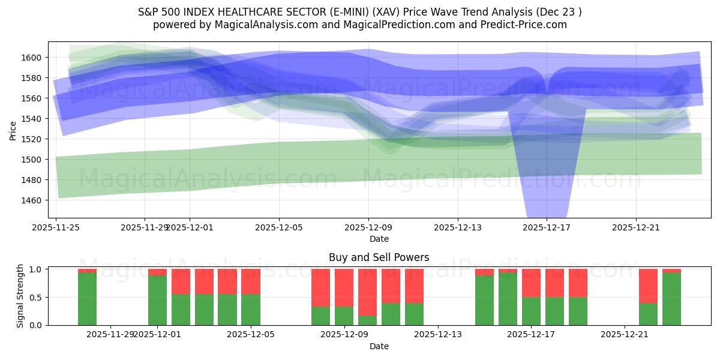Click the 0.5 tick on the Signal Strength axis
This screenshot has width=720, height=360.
tap(37, 298)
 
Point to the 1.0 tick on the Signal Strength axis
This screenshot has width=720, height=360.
tap(37, 269)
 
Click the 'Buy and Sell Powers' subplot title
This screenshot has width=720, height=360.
tap(379, 257)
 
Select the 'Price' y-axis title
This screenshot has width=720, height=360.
tap(13, 130)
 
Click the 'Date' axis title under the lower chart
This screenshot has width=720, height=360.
tap(379, 346)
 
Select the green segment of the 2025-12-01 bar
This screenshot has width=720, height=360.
tap(157, 301)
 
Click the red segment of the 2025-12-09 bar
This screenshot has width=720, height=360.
tap(344, 287)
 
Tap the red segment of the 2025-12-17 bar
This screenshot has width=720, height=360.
tap(531, 283)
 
